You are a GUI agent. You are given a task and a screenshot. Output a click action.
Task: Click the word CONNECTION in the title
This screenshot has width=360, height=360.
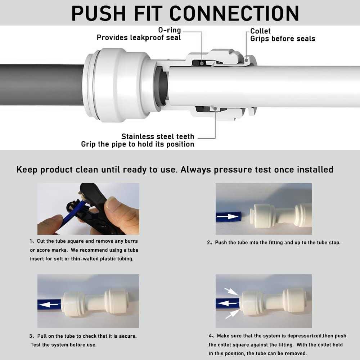[234, 13]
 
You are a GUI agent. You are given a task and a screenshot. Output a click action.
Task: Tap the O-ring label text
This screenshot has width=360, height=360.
[169, 30]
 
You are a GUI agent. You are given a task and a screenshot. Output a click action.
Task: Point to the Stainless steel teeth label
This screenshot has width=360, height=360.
[158, 136]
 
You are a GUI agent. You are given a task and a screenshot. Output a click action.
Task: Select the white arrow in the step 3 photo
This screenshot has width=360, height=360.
[49, 304]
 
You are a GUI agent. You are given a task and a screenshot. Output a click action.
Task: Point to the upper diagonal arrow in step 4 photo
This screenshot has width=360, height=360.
[231, 291]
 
